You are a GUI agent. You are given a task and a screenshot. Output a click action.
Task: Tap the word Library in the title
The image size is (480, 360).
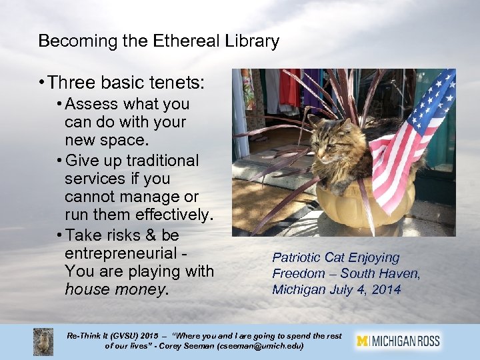251,41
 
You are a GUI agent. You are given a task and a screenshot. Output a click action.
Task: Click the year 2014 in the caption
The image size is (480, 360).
387,289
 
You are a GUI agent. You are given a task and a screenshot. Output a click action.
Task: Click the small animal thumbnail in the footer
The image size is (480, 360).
43,341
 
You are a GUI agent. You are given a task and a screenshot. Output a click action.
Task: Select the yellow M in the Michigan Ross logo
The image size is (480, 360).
363,341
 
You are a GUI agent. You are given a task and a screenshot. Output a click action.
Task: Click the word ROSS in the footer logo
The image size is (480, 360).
426,341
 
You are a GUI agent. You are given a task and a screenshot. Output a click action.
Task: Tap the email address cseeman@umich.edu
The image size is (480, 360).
261,347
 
